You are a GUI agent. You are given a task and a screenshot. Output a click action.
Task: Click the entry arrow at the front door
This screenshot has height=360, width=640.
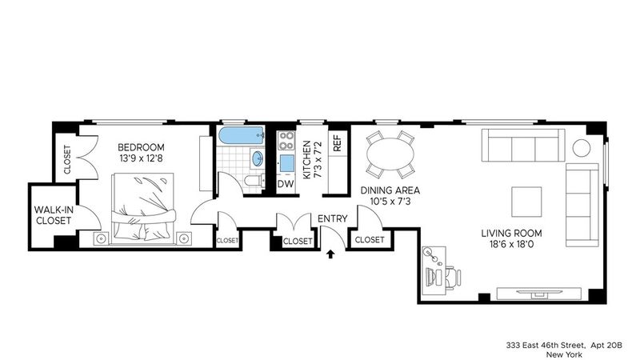point(330,254)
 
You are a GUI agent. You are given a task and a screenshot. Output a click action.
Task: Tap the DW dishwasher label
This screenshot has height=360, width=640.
point(286,184)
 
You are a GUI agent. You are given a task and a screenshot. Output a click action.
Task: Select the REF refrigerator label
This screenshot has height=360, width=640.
point(337,143)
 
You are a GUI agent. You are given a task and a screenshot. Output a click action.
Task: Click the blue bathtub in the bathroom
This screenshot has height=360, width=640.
point(241,136)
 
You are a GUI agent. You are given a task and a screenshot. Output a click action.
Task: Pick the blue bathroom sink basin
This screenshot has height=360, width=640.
point(258,158)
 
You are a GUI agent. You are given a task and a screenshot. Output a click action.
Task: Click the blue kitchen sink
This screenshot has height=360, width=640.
point(286,163)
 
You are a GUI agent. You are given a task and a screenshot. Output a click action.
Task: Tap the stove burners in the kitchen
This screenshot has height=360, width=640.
point(286,141)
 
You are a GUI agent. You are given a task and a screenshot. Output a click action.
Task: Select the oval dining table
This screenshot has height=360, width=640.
point(390,154)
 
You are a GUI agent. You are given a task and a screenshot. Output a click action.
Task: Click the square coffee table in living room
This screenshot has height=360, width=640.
point(526,202)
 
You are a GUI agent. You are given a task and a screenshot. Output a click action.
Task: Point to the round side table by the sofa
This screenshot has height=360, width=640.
point(582,148)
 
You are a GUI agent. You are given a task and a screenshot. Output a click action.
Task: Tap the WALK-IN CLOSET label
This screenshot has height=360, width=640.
point(54,215)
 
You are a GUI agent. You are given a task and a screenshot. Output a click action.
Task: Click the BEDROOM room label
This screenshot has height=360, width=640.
point(141,147)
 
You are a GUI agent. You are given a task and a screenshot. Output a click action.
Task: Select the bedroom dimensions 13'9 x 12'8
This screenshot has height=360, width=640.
point(141,158)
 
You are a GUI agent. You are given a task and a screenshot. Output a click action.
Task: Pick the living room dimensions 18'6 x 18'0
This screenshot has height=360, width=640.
point(511,245)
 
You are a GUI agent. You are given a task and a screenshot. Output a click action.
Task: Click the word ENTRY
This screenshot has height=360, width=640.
point(332,218)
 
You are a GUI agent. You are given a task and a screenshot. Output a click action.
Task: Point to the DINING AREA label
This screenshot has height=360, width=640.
point(390,190)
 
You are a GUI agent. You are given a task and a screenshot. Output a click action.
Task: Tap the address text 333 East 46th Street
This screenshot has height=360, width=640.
point(546,346)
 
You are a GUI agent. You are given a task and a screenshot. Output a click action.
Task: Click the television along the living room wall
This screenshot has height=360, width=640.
point(538,293)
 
